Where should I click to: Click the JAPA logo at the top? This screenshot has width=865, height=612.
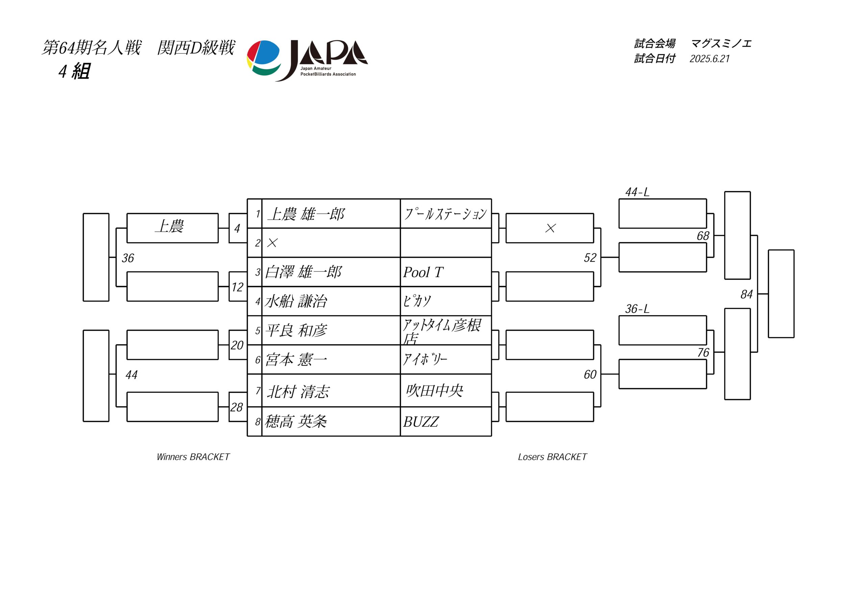tap(307, 60)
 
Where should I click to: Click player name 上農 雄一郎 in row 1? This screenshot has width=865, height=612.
tap(306, 214)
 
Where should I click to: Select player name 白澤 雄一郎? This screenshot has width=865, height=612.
tap(303, 272)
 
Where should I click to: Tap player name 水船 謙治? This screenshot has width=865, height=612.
tap(296, 301)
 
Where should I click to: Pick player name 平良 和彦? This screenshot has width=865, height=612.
tap(296, 331)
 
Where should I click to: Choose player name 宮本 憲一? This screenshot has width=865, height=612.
tap(296, 360)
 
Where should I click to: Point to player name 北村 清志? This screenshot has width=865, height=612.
tap(298, 392)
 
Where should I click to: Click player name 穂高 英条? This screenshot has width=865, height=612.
tap(296, 421)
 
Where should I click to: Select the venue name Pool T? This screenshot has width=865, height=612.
tap(423, 272)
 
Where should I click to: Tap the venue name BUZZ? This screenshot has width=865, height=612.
tap(421, 422)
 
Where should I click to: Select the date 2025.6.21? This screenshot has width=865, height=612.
tap(710, 59)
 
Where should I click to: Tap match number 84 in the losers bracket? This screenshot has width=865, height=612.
tap(746, 294)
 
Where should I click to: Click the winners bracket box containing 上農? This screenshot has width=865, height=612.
tap(173, 228)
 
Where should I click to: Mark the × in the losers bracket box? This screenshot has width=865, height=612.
tap(550, 228)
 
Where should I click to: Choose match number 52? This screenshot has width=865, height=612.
tap(590, 258)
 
